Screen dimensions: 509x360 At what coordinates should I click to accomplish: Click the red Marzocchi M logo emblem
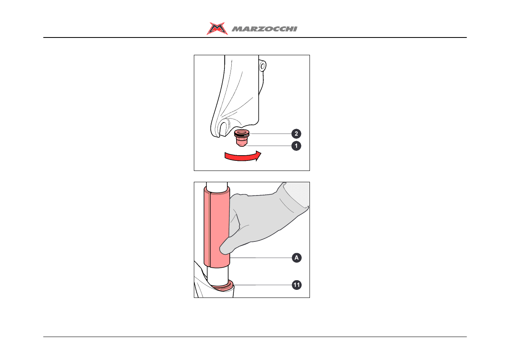pyautogui.click(x=217, y=29)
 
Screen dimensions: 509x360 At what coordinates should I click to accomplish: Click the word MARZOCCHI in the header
pyautogui.click(x=264, y=29)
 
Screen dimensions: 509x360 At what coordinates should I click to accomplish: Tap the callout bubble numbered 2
pyautogui.click(x=296, y=134)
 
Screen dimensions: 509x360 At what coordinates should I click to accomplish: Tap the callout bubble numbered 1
pyautogui.click(x=296, y=146)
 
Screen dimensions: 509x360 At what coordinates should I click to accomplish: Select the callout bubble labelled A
pyautogui.click(x=297, y=258)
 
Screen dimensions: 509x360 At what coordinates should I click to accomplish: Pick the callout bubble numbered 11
pyautogui.click(x=297, y=285)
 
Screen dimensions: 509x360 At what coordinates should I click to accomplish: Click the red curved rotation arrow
pyautogui.click(x=243, y=156)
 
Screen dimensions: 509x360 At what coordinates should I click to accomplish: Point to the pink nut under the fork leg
pyautogui.click(x=242, y=138)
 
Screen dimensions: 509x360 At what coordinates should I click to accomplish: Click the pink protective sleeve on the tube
pyautogui.click(x=217, y=227)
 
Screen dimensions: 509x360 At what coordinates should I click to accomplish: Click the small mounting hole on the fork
pyautogui.click(x=263, y=67)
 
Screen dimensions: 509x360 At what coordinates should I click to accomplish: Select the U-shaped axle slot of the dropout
pyautogui.click(x=224, y=129)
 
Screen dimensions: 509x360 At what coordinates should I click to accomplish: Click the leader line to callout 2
pyautogui.click(x=270, y=134)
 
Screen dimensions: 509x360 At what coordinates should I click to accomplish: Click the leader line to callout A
pyautogui.click(x=261, y=258)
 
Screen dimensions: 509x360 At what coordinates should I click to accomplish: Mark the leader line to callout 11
pyautogui.click(x=263, y=285)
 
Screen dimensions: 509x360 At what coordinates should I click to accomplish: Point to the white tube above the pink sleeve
pyautogui.click(x=217, y=185)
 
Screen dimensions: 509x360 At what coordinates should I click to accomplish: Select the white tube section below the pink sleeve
pyautogui.click(x=218, y=276)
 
